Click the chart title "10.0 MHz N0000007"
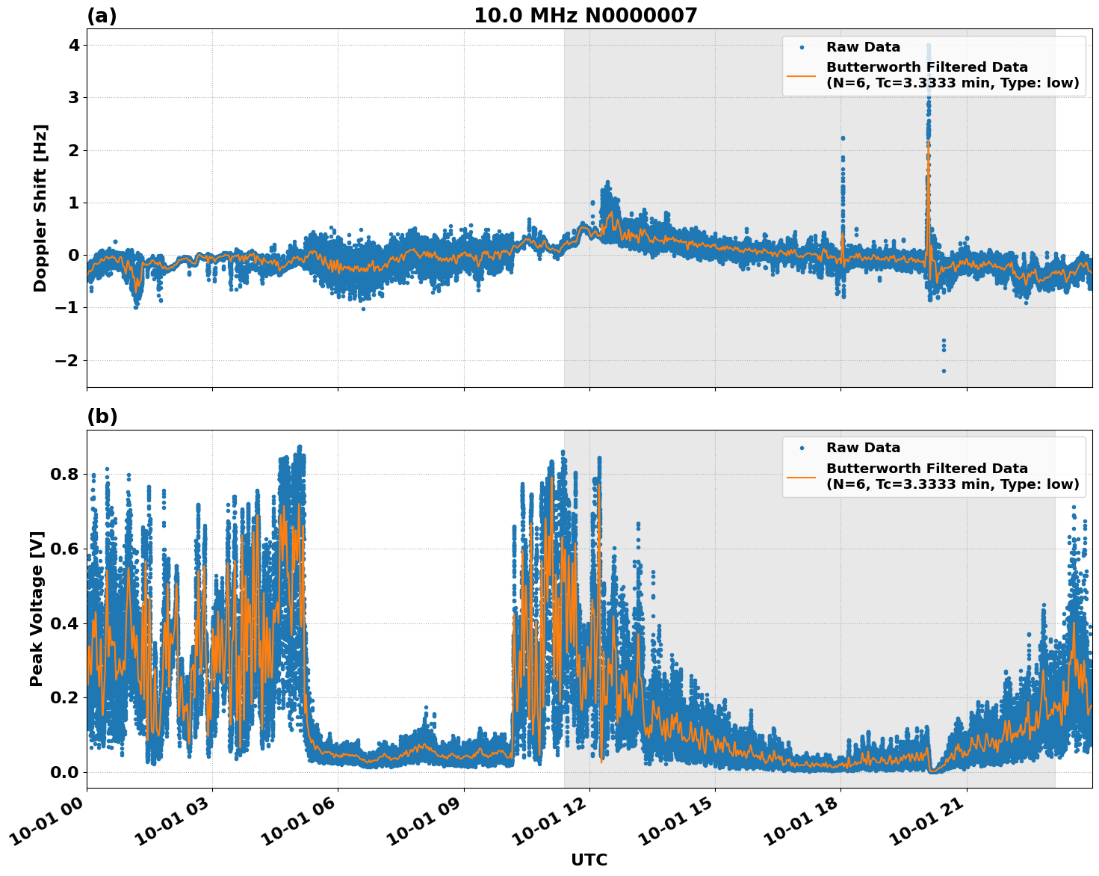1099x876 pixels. pos(585,16)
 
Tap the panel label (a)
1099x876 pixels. pos(102,16)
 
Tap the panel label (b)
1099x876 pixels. pos(102,416)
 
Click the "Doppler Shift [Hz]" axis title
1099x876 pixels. pos(40,208)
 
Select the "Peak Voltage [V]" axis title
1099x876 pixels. pos(37,608)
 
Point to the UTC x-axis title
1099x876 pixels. pos(589,860)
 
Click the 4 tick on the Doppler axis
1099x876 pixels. pos(73,45)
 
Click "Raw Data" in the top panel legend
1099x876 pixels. pos(863,47)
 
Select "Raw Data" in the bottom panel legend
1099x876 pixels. pos(863,448)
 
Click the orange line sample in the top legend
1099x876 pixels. pos(801,75)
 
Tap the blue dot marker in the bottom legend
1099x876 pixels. pos(801,448)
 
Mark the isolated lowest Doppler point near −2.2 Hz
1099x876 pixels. pos(944,371)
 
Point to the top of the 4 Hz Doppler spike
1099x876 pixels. pos(929,46)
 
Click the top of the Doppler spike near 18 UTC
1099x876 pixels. pos(843,138)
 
